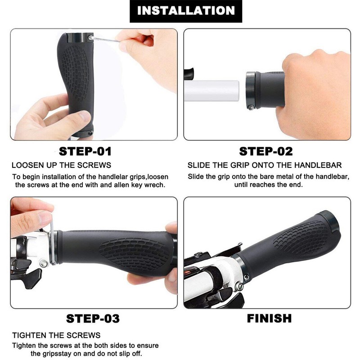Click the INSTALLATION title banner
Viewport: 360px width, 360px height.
(x=186, y=11)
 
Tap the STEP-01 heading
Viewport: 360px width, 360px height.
(x=85, y=152)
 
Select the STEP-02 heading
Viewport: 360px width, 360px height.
(x=266, y=152)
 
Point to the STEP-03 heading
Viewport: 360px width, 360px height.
(x=93, y=319)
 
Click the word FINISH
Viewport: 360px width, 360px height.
(x=269, y=319)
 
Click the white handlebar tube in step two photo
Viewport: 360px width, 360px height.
(x=211, y=91)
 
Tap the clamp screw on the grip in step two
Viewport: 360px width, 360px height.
(x=252, y=107)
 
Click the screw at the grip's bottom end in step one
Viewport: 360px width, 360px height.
(x=90, y=133)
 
